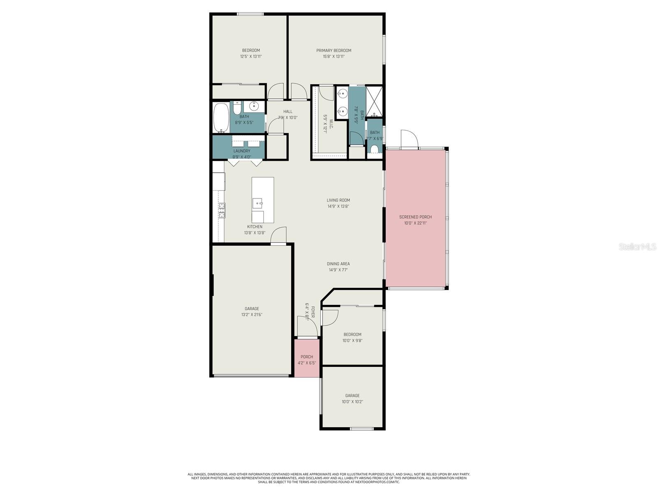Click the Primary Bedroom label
[334, 51]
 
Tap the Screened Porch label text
[415, 217]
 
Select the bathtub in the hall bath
[221, 117]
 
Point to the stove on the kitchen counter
[222, 210]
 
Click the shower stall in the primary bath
[374, 101]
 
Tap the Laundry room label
[242, 151]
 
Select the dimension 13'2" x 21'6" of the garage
[252, 315]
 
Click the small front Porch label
[307, 357]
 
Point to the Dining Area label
[338, 264]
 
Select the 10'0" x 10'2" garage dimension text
[352, 402]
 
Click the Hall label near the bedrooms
[288, 111]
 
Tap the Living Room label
[338, 200]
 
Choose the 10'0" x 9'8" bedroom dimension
[352, 341]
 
